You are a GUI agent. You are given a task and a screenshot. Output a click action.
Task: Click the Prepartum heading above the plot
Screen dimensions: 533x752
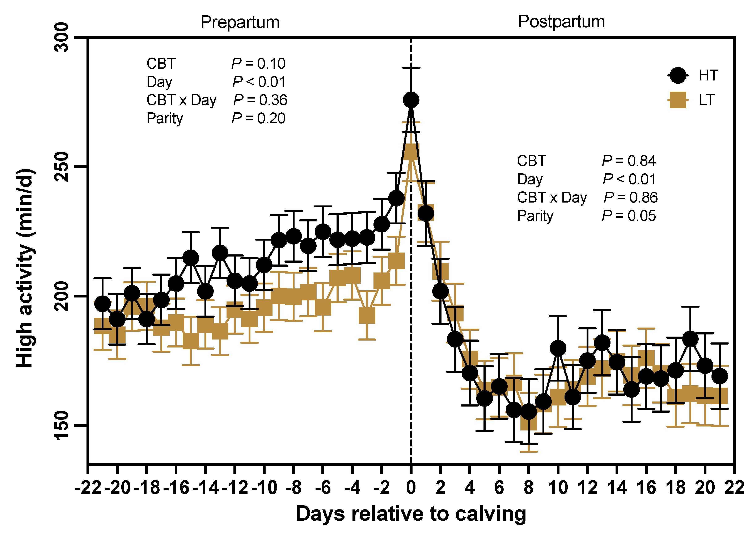(240, 22)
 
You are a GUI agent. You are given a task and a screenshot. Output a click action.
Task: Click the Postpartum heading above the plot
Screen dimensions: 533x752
(561, 22)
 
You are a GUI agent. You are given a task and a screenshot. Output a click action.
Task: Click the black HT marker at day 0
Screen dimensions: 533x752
(411, 100)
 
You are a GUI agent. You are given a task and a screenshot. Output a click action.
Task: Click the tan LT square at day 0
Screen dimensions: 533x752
(411, 152)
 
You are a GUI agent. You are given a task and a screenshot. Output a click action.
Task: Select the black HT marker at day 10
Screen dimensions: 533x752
(558, 348)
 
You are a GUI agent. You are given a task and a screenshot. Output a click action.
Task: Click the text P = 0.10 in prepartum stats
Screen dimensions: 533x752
(258, 64)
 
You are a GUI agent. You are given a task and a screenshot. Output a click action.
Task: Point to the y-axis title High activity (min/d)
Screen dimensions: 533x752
(26, 267)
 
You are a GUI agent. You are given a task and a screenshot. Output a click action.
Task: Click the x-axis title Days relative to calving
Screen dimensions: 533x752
(411, 514)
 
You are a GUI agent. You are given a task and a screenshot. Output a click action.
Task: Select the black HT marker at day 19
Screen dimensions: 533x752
(690, 339)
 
